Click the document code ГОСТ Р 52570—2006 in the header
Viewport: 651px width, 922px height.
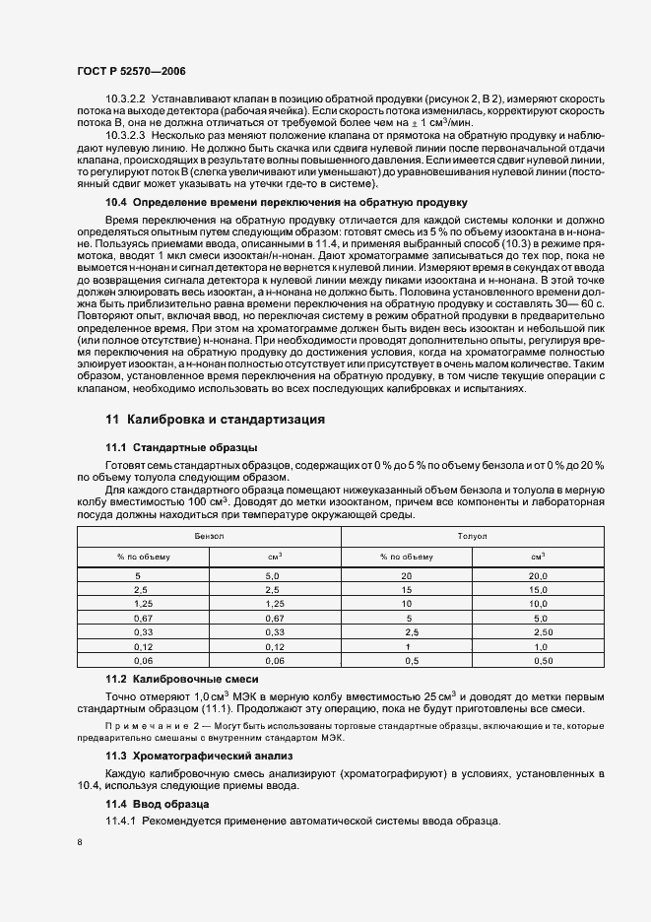click(x=131, y=72)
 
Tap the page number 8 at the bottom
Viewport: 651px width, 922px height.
click(x=80, y=842)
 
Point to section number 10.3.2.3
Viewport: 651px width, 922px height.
click(x=125, y=133)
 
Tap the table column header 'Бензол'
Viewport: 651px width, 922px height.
click(x=209, y=536)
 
